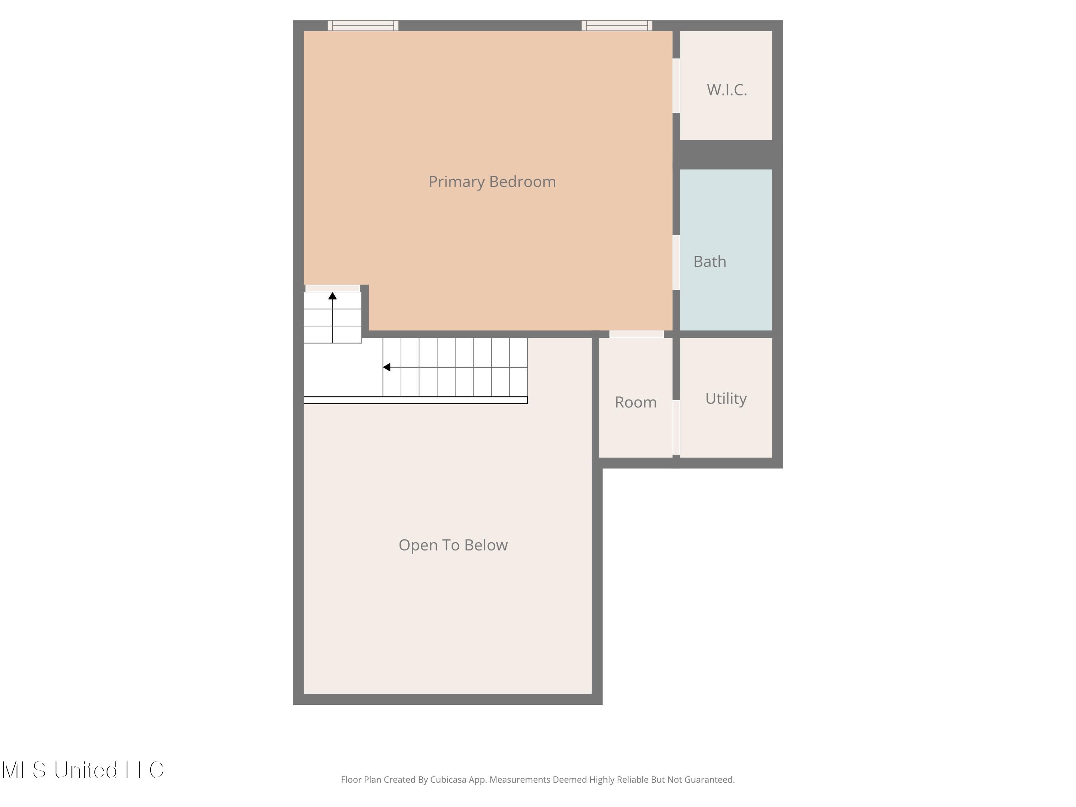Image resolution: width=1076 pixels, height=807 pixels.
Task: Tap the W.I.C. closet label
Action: pyautogui.click(x=727, y=90)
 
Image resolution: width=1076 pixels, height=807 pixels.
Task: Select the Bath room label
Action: pyautogui.click(x=710, y=262)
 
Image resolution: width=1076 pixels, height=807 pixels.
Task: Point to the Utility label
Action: pyautogui.click(x=726, y=399)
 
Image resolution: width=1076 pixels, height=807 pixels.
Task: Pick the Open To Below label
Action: pyautogui.click(x=453, y=545)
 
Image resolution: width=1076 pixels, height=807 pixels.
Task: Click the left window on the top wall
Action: pyautogui.click(x=363, y=26)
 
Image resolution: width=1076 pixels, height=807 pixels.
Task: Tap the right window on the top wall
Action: pyautogui.click(x=617, y=26)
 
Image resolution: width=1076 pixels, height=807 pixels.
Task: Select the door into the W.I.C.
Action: pyautogui.click(x=676, y=86)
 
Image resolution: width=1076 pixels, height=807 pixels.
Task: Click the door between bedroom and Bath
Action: pyautogui.click(x=676, y=263)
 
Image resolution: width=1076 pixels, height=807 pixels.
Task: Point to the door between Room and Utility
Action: pyautogui.click(x=676, y=428)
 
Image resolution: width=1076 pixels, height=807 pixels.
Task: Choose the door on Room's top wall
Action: pyautogui.click(x=636, y=334)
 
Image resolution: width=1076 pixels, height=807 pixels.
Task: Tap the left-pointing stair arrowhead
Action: pyautogui.click(x=387, y=367)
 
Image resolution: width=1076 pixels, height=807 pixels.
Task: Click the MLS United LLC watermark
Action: pyautogui.click(x=83, y=770)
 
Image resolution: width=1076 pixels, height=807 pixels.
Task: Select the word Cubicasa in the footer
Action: pyautogui.click(x=448, y=780)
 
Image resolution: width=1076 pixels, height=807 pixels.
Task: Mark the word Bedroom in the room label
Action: pyautogui.click(x=523, y=182)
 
